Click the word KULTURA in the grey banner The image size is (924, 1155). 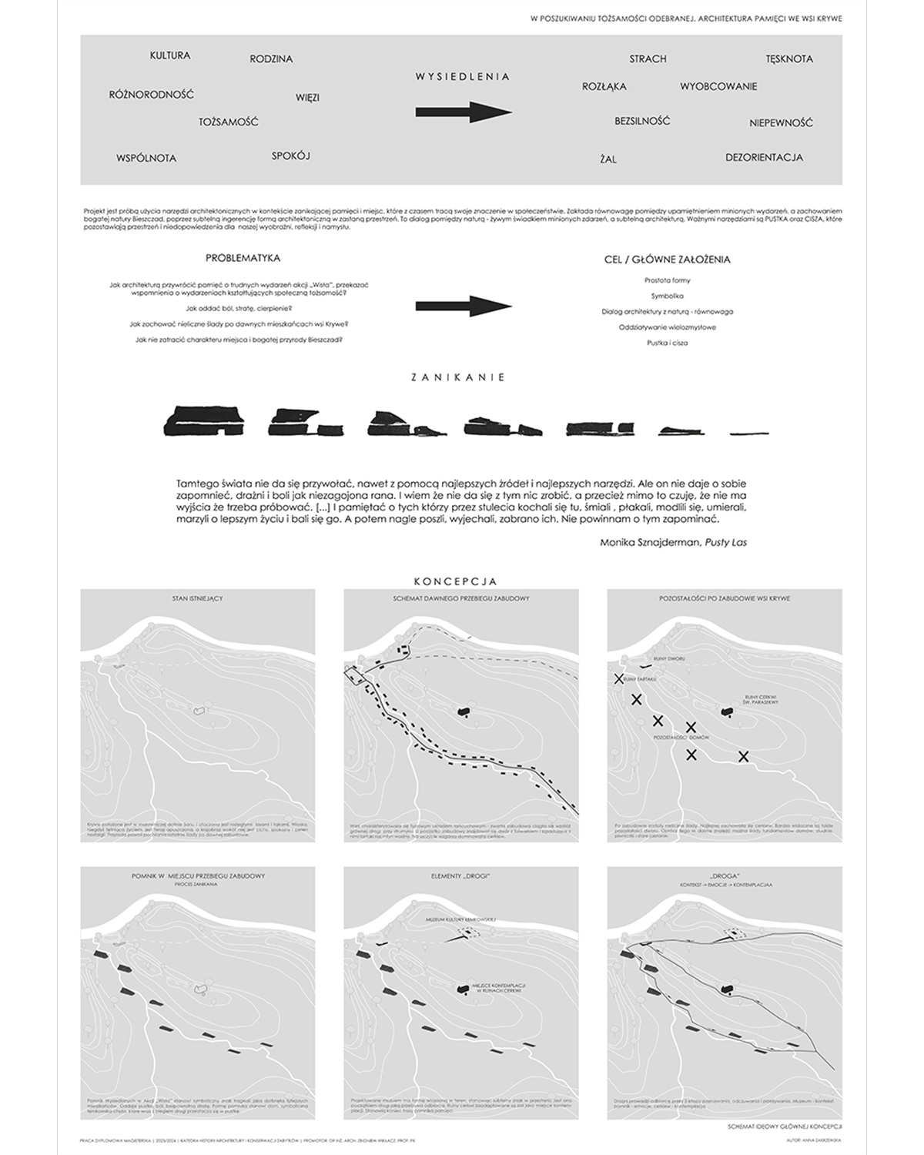[x=170, y=55]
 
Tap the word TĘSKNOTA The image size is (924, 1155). [x=789, y=59]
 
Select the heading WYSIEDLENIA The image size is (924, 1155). [x=463, y=76]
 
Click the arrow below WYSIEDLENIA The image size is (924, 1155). [x=464, y=112]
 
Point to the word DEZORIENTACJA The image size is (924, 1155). [x=764, y=157]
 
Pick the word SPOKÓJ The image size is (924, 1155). [x=290, y=156]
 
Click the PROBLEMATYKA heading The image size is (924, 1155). [x=243, y=258]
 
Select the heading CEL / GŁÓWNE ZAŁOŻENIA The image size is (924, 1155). [x=667, y=259]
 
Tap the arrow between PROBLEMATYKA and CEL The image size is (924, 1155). [x=464, y=306]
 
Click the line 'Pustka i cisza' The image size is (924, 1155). [x=667, y=343]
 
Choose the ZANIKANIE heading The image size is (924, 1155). [x=458, y=377]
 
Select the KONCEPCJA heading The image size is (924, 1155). [x=455, y=581]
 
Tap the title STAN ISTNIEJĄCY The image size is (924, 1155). [x=198, y=598]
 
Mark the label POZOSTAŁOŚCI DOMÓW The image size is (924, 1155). [x=681, y=738]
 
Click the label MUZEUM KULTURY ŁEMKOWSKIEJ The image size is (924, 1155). [x=460, y=920]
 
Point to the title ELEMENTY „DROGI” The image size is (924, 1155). [x=460, y=876]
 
